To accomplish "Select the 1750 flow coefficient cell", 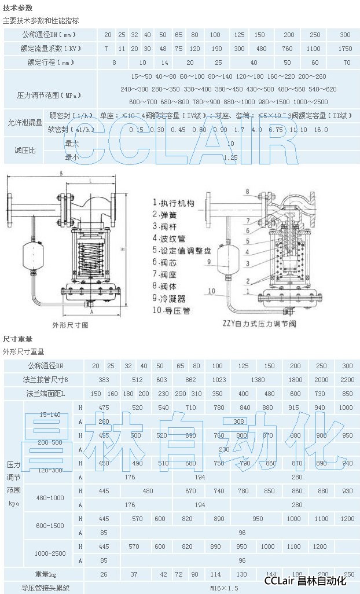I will click(x=345, y=49).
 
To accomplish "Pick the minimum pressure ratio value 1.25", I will click(x=230, y=157).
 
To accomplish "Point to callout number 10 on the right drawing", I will click(x=212, y=291).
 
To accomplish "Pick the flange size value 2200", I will click(x=347, y=380).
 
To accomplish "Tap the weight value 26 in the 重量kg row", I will click(x=104, y=574).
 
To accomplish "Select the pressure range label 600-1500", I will click(x=50, y=525).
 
